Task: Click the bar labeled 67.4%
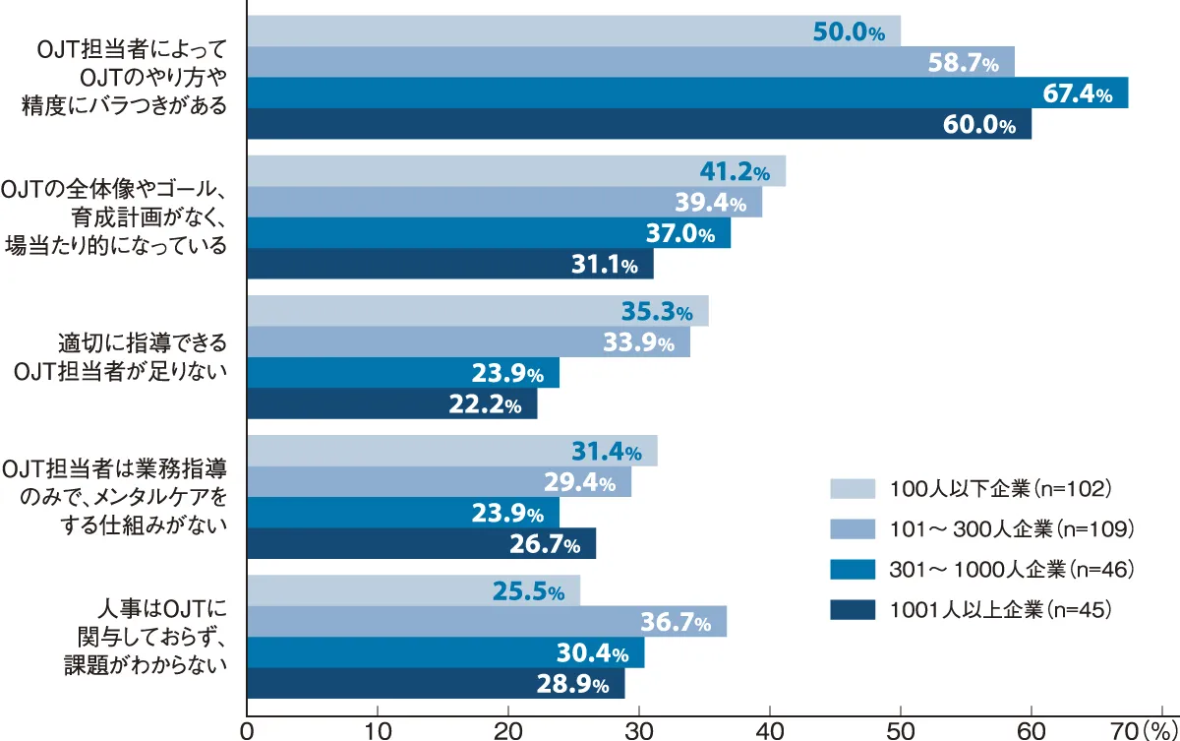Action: click(687, 93)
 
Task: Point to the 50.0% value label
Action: click(849, 32)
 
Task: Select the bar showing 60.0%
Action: click(639, 124)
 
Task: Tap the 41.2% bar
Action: click(516, 171)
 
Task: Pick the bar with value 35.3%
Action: click(477, 311)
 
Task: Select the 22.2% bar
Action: click(392, 403)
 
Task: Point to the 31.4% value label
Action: click(606, 452)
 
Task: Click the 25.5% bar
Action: click(413, 591)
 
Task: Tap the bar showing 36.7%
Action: click(487, 622)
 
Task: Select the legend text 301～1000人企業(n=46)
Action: click(1012, 569)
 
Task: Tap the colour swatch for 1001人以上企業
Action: click(854, 610)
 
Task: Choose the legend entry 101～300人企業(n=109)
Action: click(1012, 528)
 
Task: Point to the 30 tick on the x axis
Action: click(639, 731)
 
